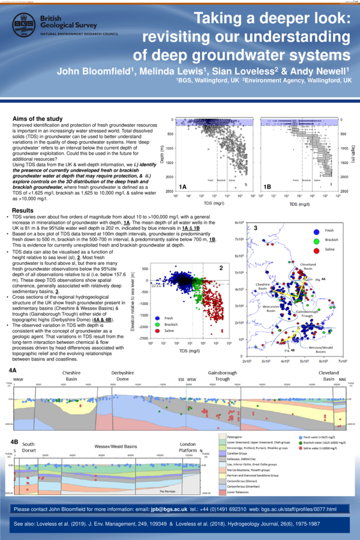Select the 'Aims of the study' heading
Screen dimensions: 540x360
39,119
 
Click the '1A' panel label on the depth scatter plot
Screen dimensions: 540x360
184,187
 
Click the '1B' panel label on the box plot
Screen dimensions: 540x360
268,187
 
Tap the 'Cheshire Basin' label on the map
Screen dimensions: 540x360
265,286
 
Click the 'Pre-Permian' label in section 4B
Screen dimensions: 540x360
167,491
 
